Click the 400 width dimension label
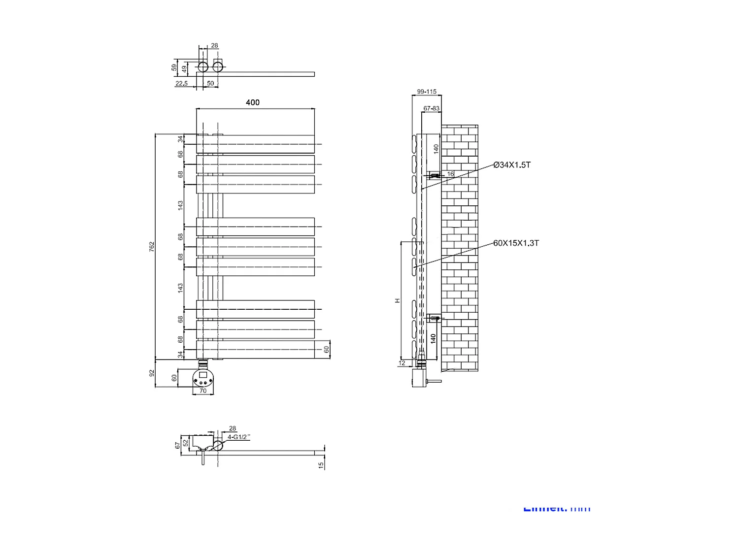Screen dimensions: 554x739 253,102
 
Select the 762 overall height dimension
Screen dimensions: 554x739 152,247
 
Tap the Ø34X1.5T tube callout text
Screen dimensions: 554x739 512,165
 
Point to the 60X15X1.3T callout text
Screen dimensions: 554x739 516,243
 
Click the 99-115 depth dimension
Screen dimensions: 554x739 427,92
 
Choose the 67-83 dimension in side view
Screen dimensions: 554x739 432,108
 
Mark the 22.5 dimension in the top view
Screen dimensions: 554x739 181,84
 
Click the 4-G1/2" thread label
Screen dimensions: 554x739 239,437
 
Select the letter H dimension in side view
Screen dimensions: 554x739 397,300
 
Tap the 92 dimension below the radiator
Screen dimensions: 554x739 152,373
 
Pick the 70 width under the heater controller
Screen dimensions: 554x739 203,391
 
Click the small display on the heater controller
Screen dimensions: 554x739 202,375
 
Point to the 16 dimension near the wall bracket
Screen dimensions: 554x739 450,174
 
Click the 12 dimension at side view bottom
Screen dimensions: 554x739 402,363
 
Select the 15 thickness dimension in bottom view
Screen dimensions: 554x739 321,464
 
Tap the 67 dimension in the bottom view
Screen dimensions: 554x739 178,445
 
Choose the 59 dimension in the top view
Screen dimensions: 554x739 174,67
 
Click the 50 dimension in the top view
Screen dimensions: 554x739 210,84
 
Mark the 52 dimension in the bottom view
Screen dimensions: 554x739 186,443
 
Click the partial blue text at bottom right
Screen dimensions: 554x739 557,509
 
